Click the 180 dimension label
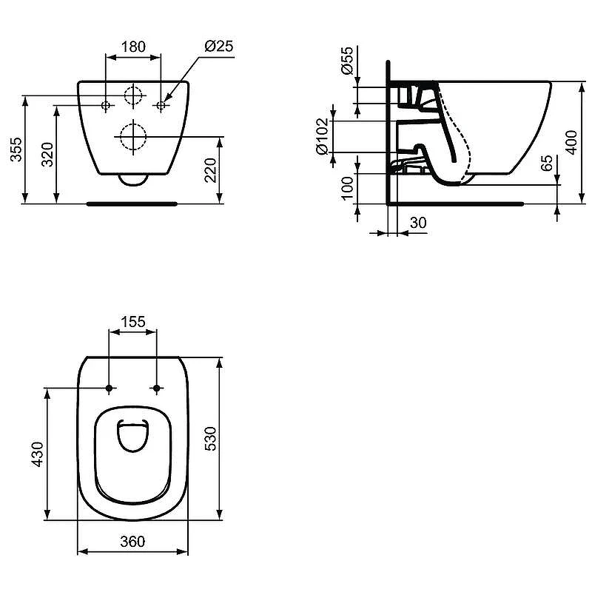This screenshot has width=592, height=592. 133,47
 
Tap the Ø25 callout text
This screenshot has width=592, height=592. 219,46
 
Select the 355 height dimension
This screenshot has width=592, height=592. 16,149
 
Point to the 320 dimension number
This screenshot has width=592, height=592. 47,155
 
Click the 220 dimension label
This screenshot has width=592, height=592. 210,170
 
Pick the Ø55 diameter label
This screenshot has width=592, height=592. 346,61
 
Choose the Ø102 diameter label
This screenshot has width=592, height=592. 323,136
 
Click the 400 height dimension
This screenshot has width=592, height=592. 571,142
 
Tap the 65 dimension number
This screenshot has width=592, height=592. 546,163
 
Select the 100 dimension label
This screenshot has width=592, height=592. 347,188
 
